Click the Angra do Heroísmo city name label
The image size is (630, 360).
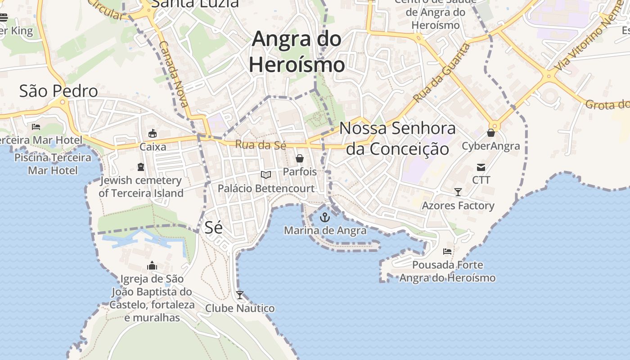(297, 52)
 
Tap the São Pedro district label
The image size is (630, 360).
(58, 91)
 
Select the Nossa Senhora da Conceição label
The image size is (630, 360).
(398, 138)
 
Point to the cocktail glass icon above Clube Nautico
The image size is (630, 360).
(240, 295)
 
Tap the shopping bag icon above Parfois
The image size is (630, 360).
(300, 158)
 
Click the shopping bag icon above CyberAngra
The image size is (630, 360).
(491, 133)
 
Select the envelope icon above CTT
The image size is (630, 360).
(481, 167)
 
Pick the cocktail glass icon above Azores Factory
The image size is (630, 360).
(458, 192)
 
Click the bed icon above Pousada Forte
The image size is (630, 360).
(447, 252)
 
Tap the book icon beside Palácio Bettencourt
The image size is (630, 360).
(266, 175)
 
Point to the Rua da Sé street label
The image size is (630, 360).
(261, 145)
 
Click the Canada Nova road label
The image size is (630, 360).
(174, 75)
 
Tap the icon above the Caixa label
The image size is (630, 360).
(153, 134)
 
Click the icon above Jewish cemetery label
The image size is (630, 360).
(141, 167)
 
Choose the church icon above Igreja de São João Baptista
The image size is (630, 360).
(152, 266)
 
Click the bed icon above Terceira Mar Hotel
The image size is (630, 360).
(36, 127)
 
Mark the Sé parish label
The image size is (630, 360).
(214, 227)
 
